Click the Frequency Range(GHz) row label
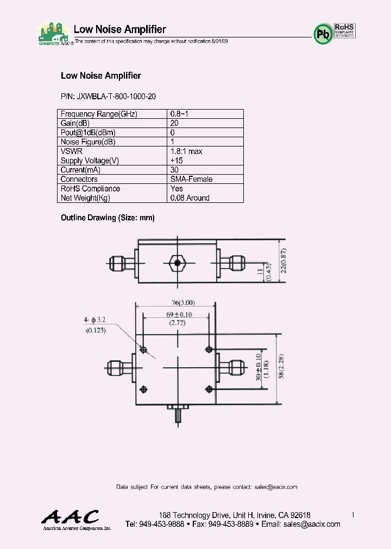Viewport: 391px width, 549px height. click(99, 114)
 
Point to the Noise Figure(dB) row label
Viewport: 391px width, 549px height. click(88, 142)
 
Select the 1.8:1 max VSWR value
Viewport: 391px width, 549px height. click(186, 151)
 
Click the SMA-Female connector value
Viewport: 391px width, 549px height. click(191, 179)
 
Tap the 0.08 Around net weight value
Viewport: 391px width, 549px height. click(190, 198)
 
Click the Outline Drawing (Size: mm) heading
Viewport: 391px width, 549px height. click(108, 218)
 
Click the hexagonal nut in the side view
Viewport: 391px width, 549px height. click(177, 263)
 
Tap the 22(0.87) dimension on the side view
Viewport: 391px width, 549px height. click(283, 262)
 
